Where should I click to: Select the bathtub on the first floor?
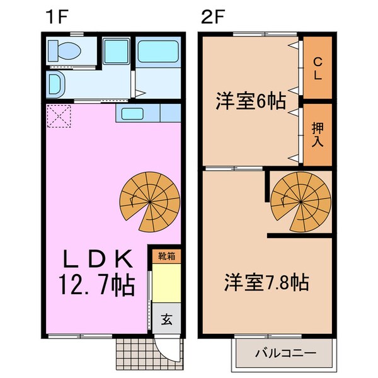(158, 50)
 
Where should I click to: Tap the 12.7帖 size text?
(98, 287)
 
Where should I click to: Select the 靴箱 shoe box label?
(166, 256)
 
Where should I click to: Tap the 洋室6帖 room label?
(251, 100)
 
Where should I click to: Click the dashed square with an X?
(59, 116)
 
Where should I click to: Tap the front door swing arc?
(166, 350)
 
